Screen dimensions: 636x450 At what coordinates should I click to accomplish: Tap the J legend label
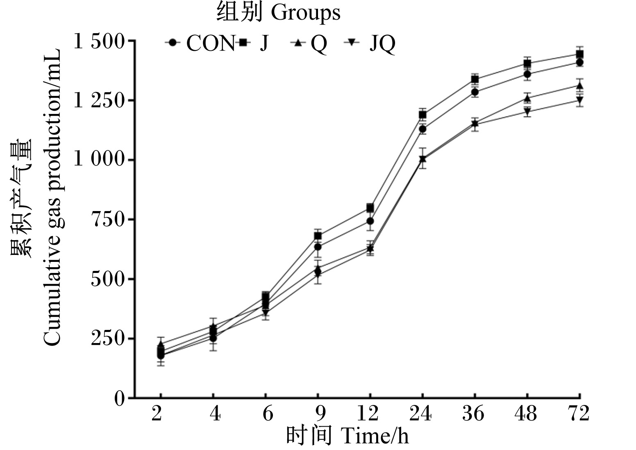264,43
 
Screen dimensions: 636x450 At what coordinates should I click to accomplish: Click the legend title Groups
306,13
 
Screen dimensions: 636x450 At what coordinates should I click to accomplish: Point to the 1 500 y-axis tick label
99,41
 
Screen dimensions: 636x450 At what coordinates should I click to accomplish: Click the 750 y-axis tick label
108,219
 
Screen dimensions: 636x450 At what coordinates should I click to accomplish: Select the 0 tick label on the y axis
120,399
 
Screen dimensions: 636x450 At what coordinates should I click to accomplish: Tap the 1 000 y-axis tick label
99,159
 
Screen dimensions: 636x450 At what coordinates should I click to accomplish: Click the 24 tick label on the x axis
420,414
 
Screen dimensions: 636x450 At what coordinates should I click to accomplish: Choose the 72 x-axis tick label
578,414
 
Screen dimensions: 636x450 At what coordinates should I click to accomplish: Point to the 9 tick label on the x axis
320,414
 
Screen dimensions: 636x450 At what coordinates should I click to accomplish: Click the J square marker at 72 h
579,54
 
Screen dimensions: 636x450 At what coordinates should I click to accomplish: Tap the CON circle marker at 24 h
423,130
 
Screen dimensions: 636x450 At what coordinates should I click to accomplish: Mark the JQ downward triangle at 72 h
579,100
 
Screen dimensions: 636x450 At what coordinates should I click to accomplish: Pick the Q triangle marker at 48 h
527,98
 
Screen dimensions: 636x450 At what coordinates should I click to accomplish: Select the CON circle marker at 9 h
318,247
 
